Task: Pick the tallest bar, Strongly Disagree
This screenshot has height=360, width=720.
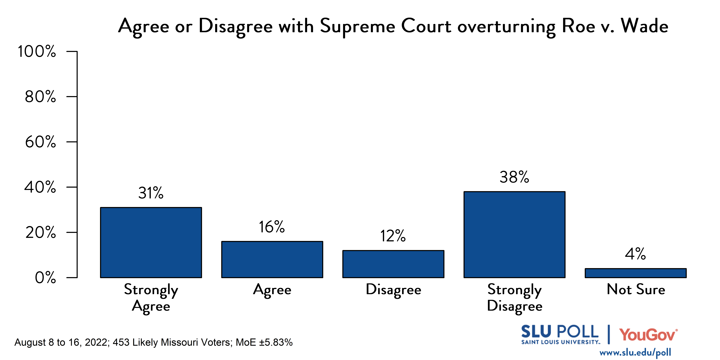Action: (x=514, y=235)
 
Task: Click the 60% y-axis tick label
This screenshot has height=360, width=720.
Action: (x=41, y=142)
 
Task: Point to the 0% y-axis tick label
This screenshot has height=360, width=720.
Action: (x=45, y=278)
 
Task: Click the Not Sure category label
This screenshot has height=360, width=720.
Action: (x=636, y=289)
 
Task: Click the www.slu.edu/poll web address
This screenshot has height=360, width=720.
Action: (x=635, y=352)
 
